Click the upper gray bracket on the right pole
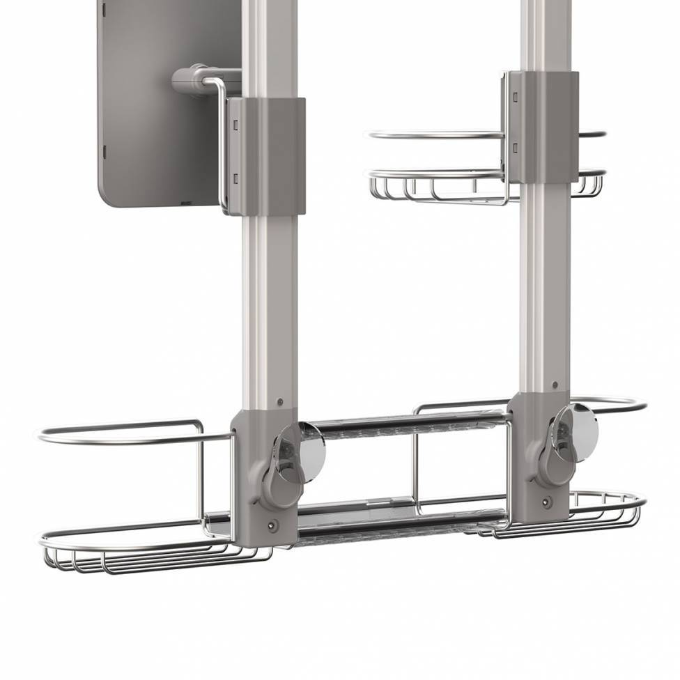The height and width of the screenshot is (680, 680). click(543, 125)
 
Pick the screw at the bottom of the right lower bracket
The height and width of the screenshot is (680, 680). click(547, 501)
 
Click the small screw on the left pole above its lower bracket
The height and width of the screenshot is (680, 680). click(279, 402)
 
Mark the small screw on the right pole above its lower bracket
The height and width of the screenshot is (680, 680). click(555, 384)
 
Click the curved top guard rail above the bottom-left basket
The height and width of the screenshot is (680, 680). click(118, 433)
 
